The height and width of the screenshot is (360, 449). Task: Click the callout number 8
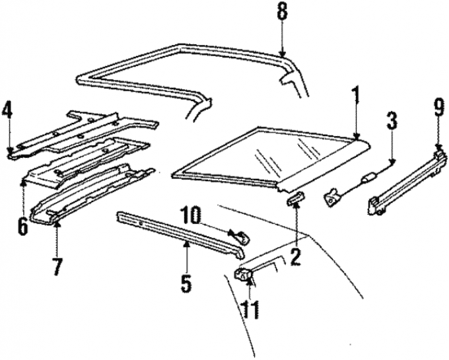tap(282, 13)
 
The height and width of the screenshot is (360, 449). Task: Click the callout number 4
tap(8, 111)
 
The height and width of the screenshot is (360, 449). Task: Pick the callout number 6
tap(23, 225)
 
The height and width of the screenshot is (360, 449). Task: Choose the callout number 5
tap(186, 283)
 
